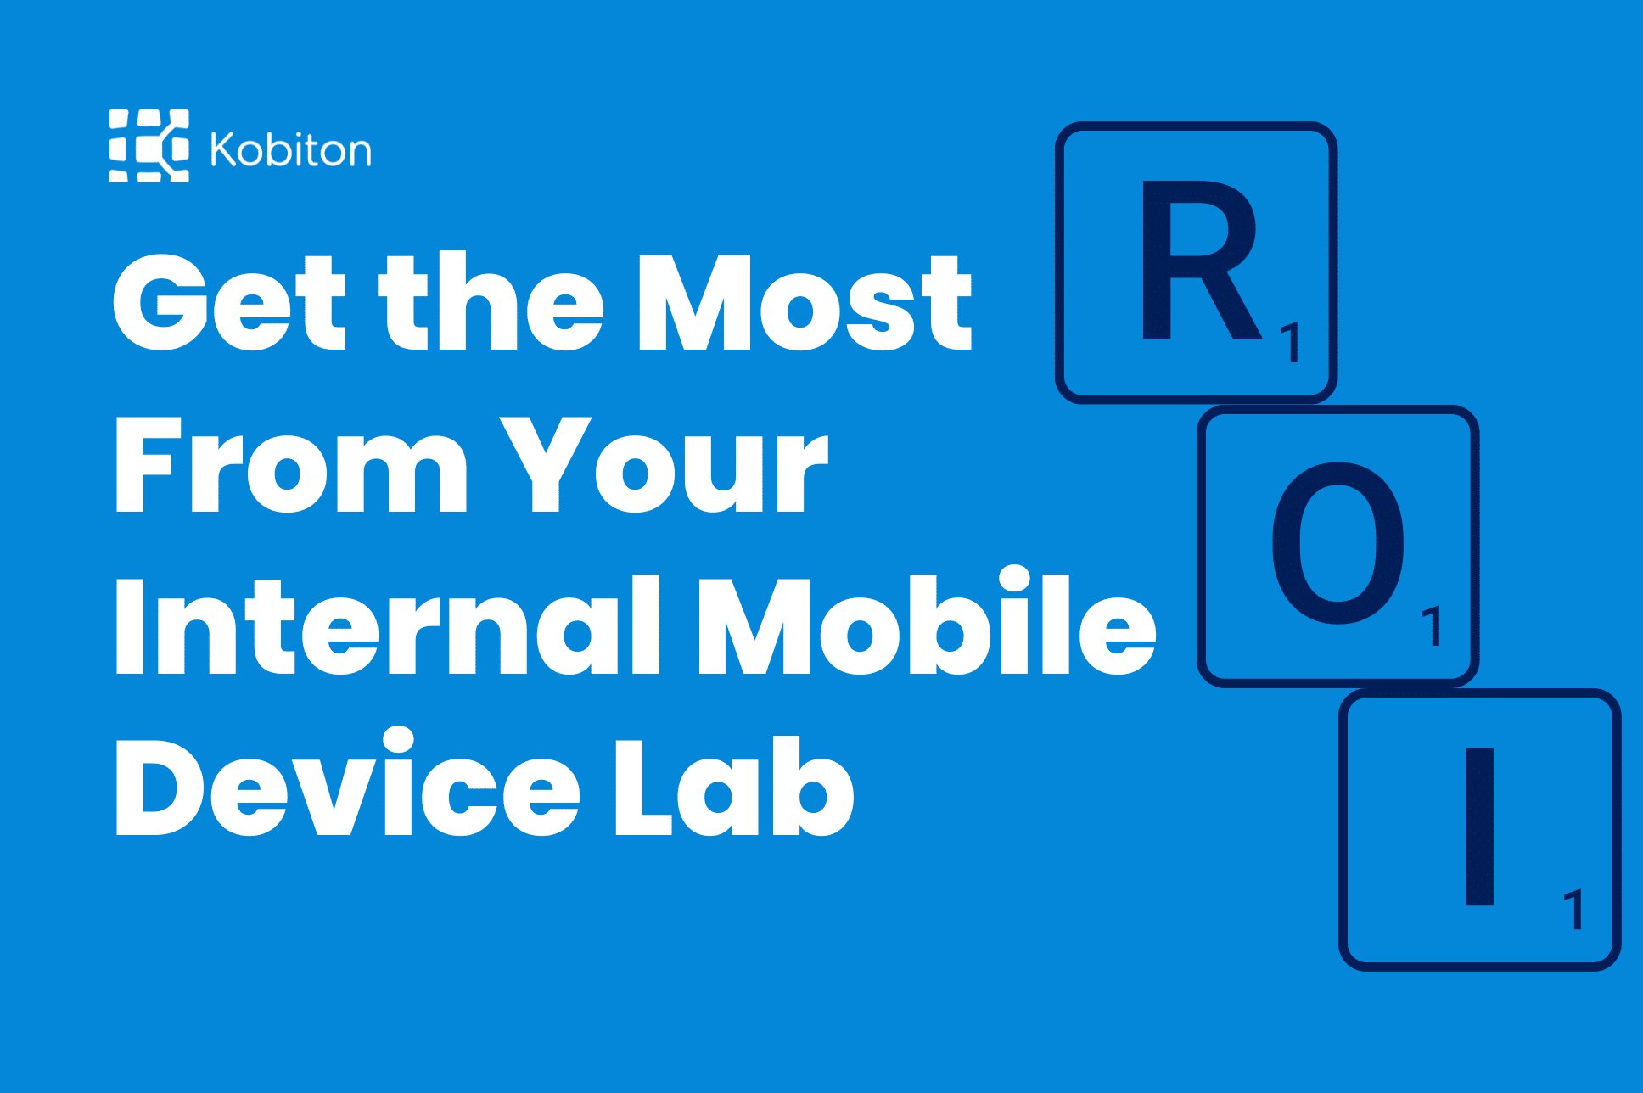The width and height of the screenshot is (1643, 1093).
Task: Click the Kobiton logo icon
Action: point(149,146)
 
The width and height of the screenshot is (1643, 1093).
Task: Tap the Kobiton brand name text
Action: point(291,150)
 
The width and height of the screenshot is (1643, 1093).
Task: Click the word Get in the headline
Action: point(230,303)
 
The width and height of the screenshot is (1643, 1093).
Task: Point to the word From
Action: point(291,466)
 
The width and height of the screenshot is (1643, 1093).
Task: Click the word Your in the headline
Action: point(664,466)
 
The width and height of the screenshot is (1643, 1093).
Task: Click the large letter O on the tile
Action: point(1338,543)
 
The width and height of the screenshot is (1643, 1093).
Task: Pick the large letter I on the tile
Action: point(1480,827)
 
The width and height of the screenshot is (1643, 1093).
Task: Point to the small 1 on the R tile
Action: point(1291,343)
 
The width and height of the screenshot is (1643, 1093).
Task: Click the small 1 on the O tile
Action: point(1432,626)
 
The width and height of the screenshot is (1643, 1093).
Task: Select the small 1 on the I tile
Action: point(1573,910)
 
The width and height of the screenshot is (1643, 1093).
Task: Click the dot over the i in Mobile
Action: point(1014,580)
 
